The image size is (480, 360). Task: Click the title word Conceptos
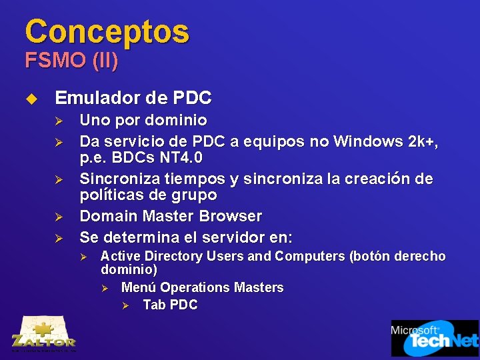coord(107,31)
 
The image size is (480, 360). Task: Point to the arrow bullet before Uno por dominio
coord(58,121)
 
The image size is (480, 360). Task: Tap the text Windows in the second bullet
coord(367,141)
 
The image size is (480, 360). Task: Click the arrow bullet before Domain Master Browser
coord(58,217)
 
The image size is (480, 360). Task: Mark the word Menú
coord(139,287)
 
